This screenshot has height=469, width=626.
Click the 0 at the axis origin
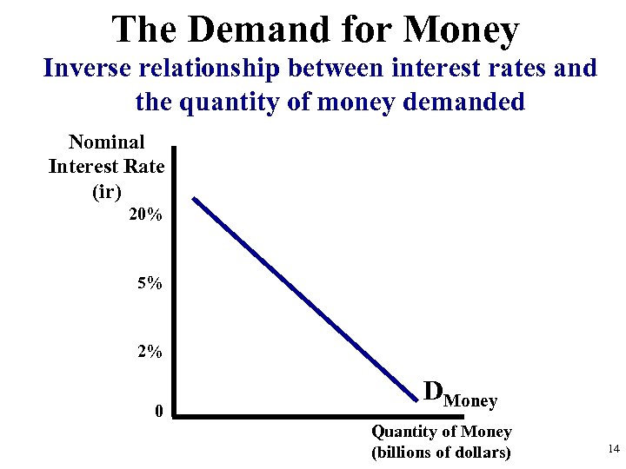(x=157, y=410)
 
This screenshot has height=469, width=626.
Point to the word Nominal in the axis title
(x=106, y=142)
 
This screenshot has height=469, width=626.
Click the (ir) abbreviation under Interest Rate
(x=106, y=191)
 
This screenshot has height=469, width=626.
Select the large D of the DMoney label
(x=433, y=392)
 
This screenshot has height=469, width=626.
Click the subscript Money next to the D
(x=470, y=401)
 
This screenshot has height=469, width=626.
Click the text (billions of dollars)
(x=442, y=452)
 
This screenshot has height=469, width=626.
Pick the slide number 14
(x=613, y=449)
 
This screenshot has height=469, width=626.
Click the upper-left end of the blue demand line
(x=195, y=200)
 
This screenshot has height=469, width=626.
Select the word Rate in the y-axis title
(x=145, y=166)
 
